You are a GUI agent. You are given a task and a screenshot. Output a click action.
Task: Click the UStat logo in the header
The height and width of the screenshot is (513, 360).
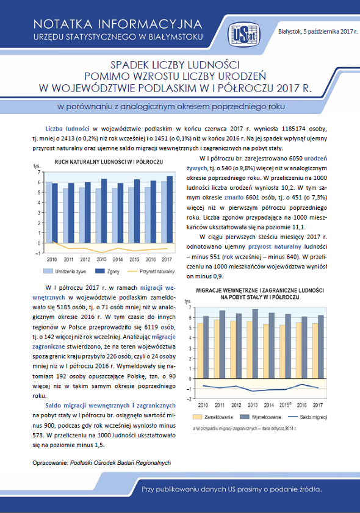[244, 34]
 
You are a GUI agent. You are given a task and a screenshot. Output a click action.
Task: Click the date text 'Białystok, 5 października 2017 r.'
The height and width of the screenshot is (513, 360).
[318, 32]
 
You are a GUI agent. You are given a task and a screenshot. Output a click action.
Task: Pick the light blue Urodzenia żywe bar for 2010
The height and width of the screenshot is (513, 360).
[49, 212]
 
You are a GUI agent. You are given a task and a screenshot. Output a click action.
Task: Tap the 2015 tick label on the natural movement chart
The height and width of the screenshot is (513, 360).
[134, 259]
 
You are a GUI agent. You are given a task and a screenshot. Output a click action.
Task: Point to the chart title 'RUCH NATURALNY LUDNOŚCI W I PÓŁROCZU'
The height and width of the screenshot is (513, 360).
[109, 162]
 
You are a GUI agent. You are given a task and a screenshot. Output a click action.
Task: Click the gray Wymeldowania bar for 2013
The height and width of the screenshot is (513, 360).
[255, 344]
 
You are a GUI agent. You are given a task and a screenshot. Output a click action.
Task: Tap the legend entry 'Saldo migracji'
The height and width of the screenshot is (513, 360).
[308, 417]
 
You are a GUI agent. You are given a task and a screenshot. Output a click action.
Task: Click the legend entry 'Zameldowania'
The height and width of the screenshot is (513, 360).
[213, 417]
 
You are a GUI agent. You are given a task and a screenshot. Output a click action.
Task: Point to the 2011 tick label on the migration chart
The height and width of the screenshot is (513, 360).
[220, 405]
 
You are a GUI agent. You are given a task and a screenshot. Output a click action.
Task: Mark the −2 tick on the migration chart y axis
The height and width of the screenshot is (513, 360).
[189, 399]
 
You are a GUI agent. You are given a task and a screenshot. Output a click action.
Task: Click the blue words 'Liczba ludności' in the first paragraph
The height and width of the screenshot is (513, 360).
[67, 129]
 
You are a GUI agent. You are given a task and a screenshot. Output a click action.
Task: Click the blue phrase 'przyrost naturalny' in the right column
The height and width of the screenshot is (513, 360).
[275, 246]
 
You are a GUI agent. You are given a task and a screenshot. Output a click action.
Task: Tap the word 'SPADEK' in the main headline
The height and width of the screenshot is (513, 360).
[129, 65]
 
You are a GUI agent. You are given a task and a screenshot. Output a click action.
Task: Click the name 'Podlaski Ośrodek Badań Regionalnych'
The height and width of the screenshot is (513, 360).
[120, 462]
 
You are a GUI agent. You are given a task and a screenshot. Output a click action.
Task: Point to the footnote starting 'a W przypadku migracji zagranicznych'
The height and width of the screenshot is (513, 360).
[245, 428]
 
